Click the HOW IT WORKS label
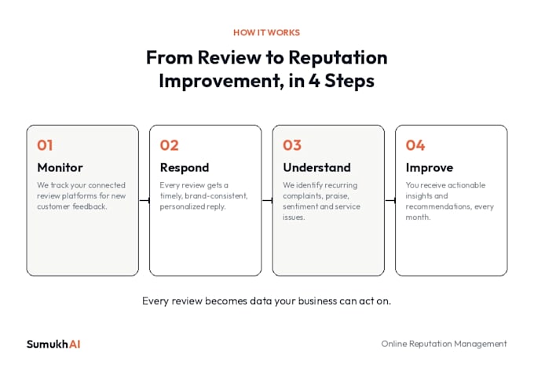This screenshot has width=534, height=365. click(266, 33)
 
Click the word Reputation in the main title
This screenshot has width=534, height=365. click(338, 57)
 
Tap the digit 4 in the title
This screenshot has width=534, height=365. click(314, 81)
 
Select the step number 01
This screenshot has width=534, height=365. click(45, 145)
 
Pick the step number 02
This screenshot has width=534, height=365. click(170, 145)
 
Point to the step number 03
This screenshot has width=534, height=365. click(292, 145)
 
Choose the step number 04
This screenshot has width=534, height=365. click(415, 145)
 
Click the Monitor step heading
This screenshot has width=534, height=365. click(60, 167)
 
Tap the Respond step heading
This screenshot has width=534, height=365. click(185, 168)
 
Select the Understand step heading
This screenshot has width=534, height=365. click(316, 167)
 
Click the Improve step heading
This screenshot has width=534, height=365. click(430, 168)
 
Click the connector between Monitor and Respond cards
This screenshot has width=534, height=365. click(144, 200)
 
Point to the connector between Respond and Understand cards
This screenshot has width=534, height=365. click(267, 200)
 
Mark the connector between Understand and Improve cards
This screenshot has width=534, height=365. click(390, 200)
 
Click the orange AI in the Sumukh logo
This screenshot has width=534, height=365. click(75, 345)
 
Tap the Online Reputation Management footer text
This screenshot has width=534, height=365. click(444, 344)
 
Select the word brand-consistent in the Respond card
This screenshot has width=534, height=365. click(216, 195)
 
